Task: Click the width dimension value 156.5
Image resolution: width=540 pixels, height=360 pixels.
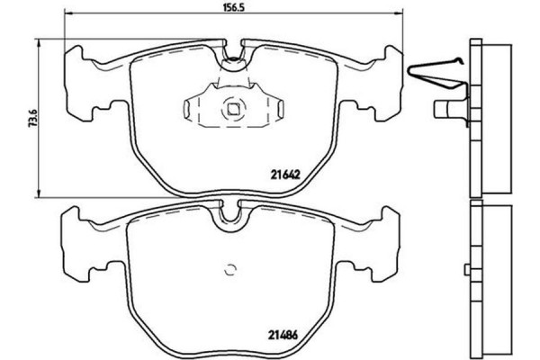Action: (x=234, y=6)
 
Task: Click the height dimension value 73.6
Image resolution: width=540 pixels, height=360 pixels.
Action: (x=28, y=117)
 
